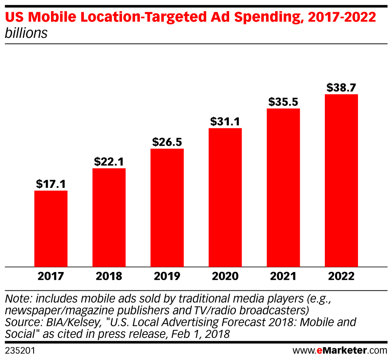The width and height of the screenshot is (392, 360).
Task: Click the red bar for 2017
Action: (51, 229)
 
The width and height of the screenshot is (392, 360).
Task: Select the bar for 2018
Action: (109, 218)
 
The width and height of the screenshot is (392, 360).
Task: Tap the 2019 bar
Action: (167, 208)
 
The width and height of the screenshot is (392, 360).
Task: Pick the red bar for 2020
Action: (225, 198)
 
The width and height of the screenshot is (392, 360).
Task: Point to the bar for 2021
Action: (283, 188)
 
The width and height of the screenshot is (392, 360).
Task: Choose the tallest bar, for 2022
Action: (341, 181)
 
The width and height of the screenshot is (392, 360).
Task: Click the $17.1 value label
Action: (51, 184)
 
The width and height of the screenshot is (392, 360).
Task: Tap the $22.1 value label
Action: (109, 162)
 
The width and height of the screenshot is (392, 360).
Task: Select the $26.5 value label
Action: (167, 142)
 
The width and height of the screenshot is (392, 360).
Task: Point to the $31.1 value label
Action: (225, 122)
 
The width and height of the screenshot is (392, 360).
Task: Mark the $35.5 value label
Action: (283, 102)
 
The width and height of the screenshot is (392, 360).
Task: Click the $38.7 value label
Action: (341, 88)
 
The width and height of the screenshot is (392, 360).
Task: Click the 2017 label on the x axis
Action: (51, 277)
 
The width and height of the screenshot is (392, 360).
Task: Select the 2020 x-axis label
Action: (225, 277)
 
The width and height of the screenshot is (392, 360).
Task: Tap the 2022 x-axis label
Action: (341, 277)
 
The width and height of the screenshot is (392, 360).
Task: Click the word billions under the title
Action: (26, 33)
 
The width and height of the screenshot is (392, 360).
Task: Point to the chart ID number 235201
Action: (20, 351)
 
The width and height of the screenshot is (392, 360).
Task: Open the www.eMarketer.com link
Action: (340, 351)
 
